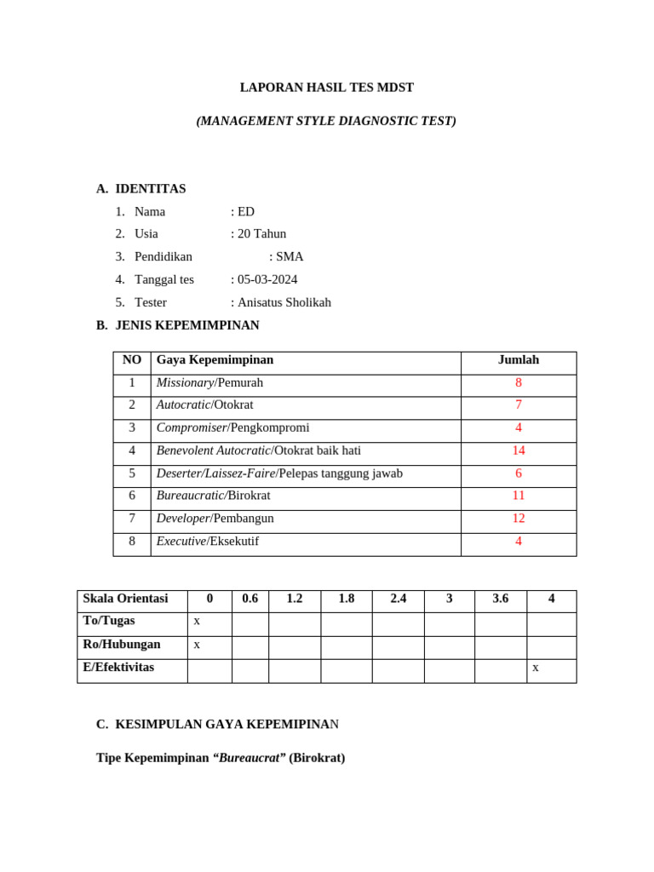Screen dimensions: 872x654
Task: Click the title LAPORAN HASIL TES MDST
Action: click(326, 88)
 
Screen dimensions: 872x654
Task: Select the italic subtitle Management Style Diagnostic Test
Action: click(326, 121)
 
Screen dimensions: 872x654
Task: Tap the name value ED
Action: click(246, 211)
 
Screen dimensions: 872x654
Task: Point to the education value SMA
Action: click(290, 256)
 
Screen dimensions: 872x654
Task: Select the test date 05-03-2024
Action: click(267, 279)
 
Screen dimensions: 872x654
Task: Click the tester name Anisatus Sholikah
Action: click(284, 302)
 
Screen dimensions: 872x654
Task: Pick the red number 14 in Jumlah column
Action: click(518, 450)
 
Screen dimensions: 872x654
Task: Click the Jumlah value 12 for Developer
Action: click(518, 519)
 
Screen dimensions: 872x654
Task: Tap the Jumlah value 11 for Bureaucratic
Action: click(518, 496)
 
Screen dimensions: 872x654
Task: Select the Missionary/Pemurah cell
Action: click(209, 382)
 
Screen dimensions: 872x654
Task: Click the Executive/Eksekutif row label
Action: click(207, 542)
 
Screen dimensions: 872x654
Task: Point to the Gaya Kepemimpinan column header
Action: click(215, 360)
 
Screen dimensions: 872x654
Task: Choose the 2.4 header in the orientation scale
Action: click(398, 599)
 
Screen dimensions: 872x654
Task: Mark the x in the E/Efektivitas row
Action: click(536, 668)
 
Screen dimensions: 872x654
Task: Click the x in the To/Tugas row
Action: click(197, 621)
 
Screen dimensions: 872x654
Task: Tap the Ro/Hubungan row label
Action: click(122, 645)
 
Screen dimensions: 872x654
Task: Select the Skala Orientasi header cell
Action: click(125, 599)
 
